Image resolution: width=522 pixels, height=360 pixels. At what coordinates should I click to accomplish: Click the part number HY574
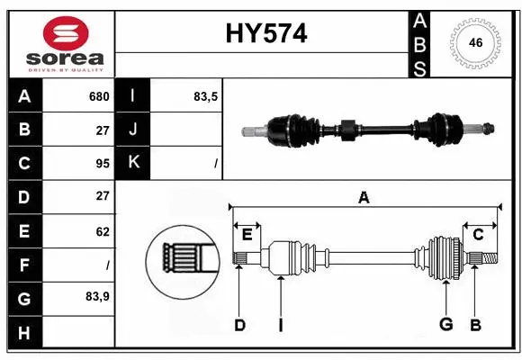(265, 34)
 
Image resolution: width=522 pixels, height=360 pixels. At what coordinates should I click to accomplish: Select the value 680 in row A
(98, 96)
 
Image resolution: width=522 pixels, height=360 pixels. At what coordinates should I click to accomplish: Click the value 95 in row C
(102, 163)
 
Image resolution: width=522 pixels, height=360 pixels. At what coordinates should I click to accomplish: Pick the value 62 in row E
(102, 231)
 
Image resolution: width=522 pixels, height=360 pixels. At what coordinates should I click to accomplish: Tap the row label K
(133, 163)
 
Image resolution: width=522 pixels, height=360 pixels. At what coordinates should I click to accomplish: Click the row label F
(24, 265)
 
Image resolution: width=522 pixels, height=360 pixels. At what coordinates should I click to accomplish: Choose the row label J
(133, 130)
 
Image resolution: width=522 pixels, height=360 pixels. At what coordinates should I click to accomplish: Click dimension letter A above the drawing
(364, 196)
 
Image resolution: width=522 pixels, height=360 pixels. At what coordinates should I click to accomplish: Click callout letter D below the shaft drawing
(239, 325)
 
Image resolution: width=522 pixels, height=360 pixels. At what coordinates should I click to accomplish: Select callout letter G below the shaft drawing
(445, 325)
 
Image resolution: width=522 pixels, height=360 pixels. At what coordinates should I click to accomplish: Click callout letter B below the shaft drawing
(475, 325)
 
